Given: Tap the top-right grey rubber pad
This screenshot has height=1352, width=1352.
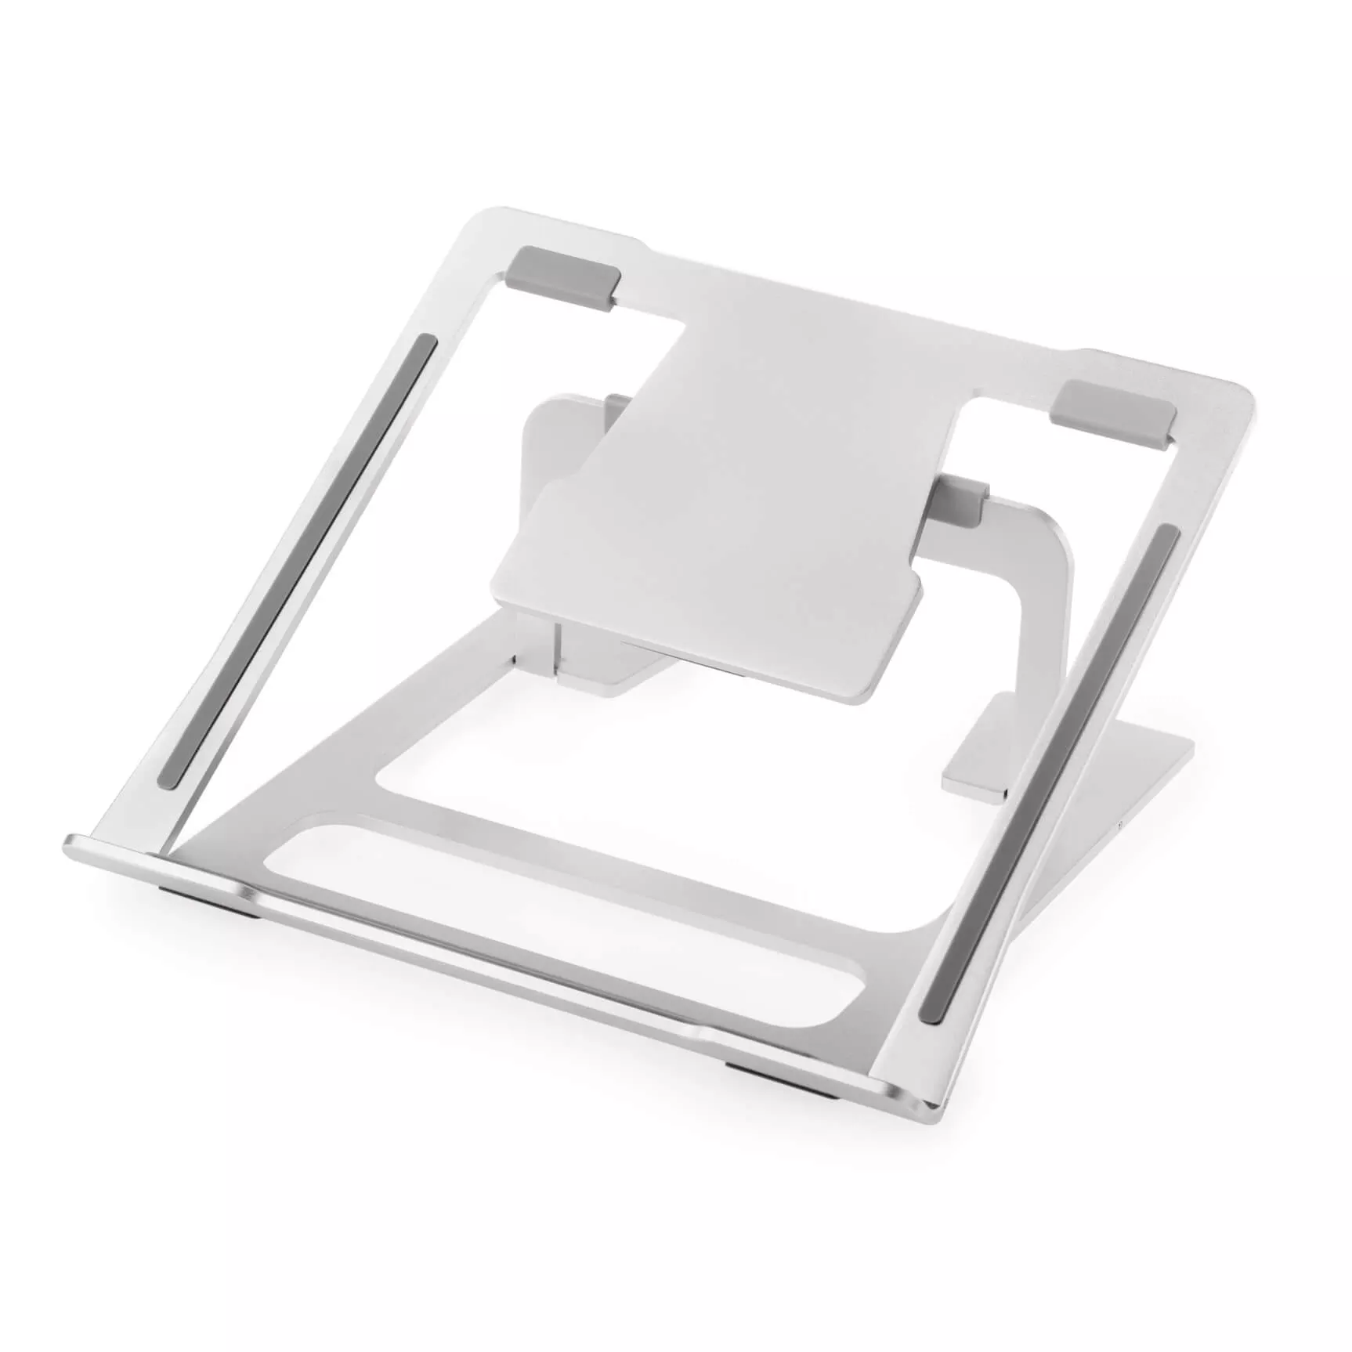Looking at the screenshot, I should [x=1113, y=409].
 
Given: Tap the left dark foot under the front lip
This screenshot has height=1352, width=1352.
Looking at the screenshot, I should [x=211, y=902].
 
